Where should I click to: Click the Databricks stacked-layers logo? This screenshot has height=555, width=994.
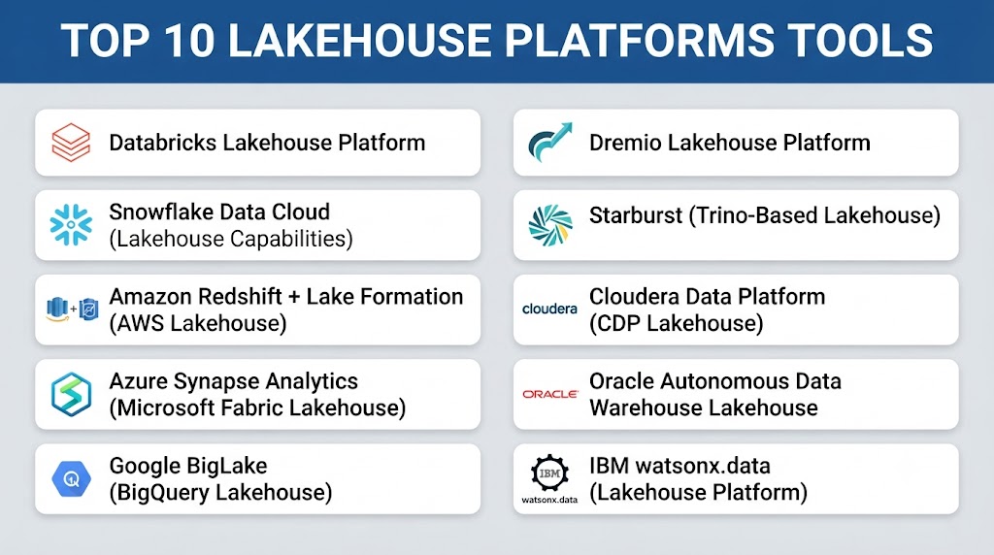point(71,143)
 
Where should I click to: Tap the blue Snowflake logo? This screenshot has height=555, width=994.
point(71,224)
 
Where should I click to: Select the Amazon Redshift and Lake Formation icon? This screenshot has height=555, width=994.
point(72,310)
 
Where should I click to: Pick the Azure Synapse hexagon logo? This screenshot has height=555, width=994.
point(71,394)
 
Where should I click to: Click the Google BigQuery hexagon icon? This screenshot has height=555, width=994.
point(71,479)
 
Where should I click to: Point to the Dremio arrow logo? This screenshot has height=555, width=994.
point(550,142)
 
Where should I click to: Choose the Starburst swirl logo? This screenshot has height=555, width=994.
point(550,225)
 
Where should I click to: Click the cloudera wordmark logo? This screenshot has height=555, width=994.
point(549,309)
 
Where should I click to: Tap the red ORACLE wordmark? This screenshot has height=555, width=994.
point(550,394)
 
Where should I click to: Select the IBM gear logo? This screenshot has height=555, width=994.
point(549,473)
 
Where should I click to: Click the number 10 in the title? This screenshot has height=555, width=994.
point(190,41)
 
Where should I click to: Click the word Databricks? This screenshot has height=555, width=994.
point(163,143)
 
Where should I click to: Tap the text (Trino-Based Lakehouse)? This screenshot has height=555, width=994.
point(814,215)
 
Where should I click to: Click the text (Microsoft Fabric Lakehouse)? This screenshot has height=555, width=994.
point(257,408)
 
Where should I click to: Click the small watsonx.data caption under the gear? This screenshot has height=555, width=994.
point(549,500)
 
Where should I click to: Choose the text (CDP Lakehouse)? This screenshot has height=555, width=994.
point(677,323)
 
